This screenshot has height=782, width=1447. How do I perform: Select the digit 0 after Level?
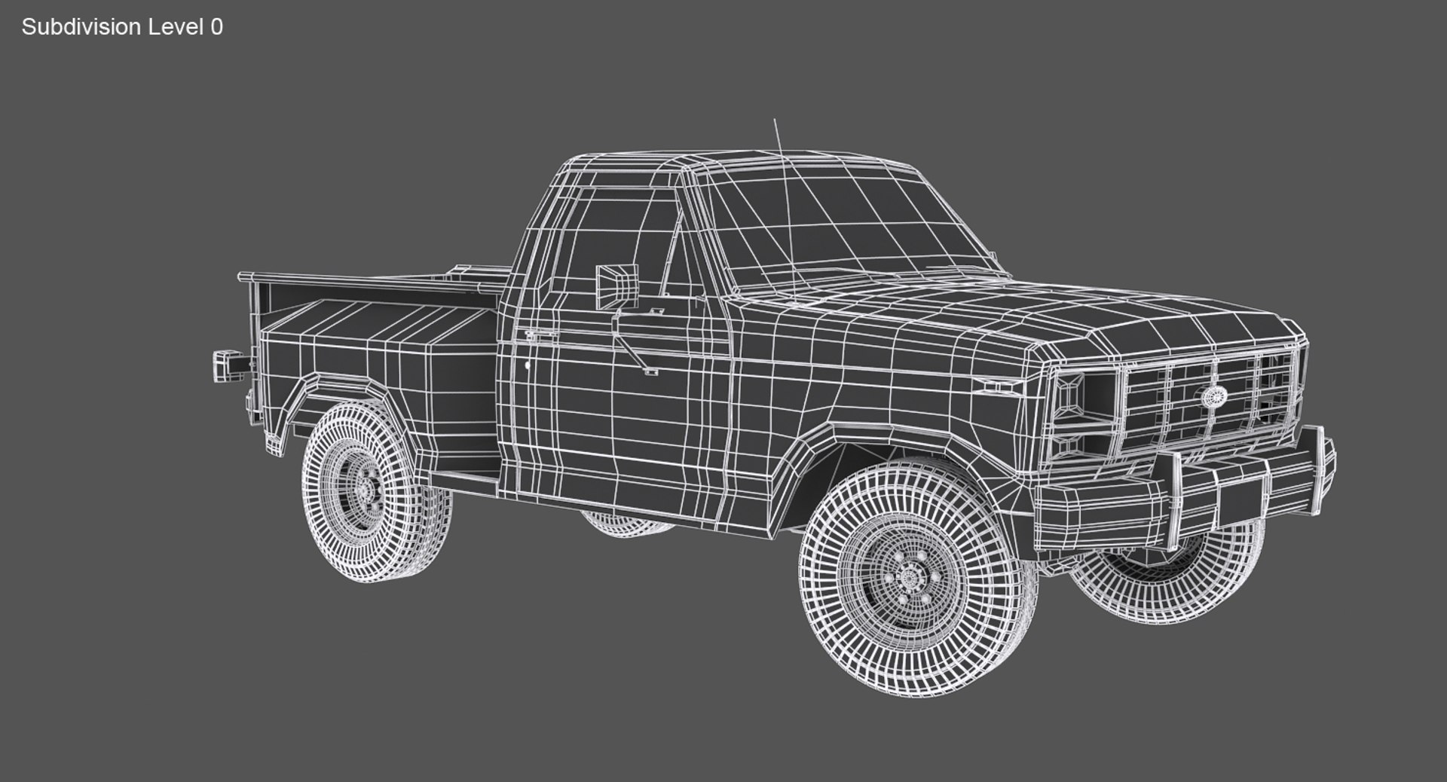coord(217,27)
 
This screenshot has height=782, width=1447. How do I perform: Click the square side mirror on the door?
coord(617,286)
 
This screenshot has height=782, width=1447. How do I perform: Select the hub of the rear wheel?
coord(367,490)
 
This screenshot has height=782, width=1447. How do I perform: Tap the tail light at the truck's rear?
coord(225,367)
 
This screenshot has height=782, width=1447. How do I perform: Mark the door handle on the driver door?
coord(540,334)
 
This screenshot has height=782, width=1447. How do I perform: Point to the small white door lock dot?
coord(527,366)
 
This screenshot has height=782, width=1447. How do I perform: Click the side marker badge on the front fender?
coord(1000,386)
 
